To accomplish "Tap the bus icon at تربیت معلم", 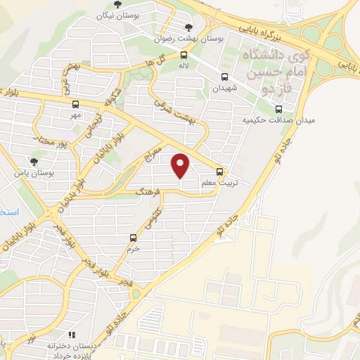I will [x=220, y=171].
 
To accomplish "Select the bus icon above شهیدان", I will [x=225, y=77].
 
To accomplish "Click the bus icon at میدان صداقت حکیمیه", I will [x=279, y=109].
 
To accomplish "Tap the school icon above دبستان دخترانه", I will [x=70, y=336].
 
